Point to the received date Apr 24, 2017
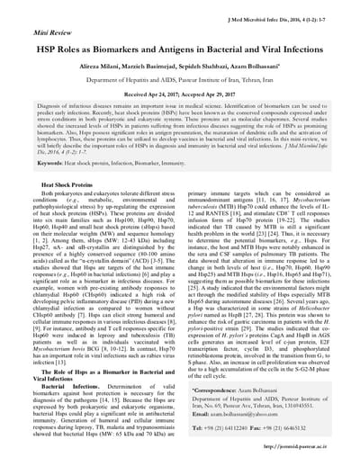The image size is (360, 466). coord(147,94)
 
